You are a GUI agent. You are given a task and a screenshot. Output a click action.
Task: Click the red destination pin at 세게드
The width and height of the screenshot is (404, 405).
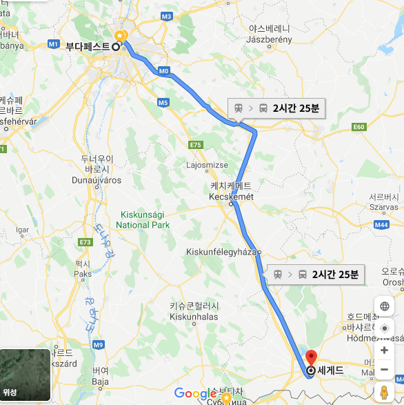tap(310, 358)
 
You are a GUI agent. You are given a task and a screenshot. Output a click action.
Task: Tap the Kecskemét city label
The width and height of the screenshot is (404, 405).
tap(231, 197)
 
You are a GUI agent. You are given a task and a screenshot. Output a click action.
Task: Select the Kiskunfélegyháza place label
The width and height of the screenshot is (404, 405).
tap(221, 252)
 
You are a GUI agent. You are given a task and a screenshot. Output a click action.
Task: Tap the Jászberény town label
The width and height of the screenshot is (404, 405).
tap(270, 40)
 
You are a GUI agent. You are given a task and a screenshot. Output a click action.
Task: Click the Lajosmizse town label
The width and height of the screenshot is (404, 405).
tap(206, 166)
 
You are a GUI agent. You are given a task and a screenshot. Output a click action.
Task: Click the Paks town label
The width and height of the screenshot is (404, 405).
tap(83, 273)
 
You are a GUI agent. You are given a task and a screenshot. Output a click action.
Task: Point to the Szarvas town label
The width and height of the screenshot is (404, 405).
tap(383, 206)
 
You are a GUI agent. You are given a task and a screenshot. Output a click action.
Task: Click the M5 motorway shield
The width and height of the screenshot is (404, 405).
tap(163, 102)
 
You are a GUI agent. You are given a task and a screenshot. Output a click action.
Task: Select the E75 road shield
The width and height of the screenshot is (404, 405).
tap(196, 145)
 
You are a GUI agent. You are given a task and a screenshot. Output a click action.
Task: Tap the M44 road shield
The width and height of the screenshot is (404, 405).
tap(382, 224)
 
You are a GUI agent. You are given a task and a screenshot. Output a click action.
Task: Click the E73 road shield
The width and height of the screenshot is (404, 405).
tap(85, 242)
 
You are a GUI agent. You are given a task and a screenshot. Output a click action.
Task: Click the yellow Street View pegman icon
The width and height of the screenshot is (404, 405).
tap(385, 393)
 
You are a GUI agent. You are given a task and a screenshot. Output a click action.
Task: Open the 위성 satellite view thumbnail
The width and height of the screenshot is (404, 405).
tap(26, 375)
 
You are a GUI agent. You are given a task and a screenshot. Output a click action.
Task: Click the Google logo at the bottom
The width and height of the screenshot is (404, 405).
tap(195, 394)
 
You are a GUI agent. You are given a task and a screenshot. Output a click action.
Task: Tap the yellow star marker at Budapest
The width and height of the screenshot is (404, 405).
tap(121, 35)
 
